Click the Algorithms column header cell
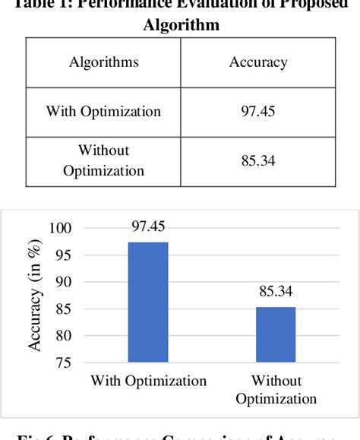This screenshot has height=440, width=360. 103,62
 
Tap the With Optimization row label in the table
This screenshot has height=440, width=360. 103,112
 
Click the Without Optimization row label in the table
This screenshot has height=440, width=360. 103,160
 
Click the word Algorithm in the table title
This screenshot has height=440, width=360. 181,25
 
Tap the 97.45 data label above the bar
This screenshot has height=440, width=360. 148,226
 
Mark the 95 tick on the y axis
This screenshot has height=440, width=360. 62,255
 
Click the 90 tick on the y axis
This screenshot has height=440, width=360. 62,282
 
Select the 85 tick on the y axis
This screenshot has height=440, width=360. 62,309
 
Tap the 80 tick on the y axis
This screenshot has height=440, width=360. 62,336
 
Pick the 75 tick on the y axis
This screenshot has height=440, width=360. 62,362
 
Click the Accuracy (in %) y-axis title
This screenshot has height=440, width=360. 35,296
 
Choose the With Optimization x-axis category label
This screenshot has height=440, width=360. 149,381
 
